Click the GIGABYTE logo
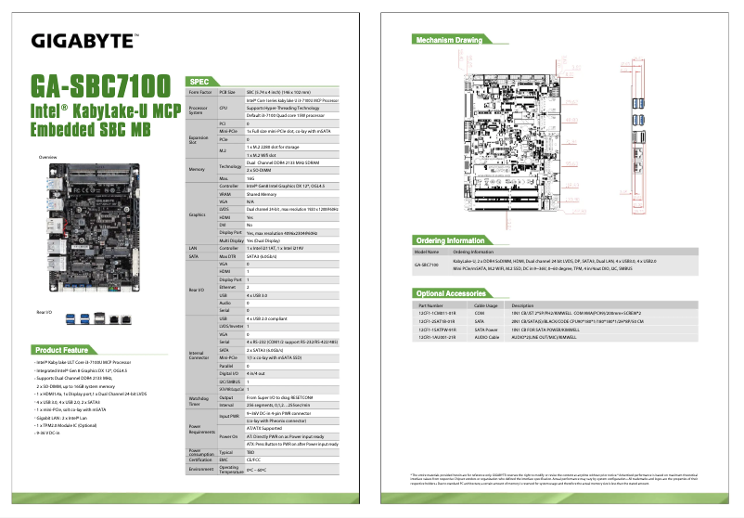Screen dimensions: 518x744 pyautogui.click(x=84, y=40)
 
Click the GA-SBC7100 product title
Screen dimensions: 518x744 pyautogui.click(x=101, y=86)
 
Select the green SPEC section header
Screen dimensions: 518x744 pyautogui.click(x=201, y=82)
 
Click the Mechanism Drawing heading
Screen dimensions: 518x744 pyautogui.click(x=449, y=41)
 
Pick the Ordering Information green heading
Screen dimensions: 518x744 pyautogui.click(x=452, y=240)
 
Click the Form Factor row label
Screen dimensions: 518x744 pyautogui.click(x=199, y=93)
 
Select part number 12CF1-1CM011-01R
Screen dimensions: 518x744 pyautogui.click(x=437, y=313)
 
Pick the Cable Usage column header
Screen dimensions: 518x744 pyautogui.click(x=486, y=304)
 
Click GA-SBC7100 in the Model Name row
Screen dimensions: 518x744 pyautogui.click(x=426, y=265)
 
